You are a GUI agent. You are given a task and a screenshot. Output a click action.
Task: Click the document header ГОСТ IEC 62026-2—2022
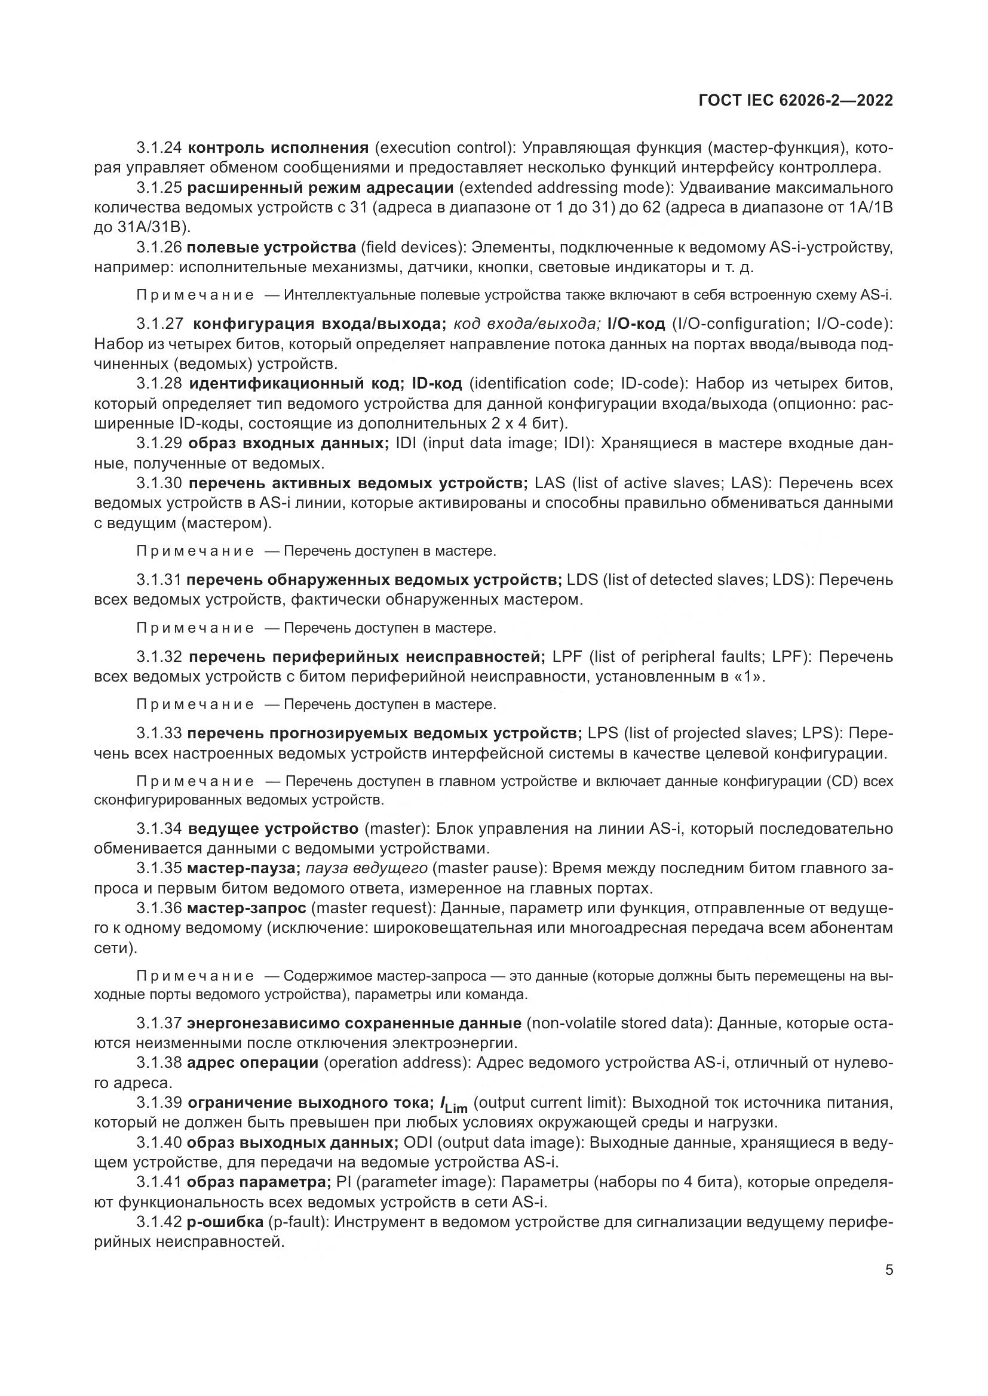coord(796,100)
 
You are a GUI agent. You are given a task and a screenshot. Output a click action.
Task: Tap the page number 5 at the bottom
coord(889,1270)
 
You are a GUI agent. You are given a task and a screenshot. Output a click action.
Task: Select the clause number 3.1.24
coord(158,148)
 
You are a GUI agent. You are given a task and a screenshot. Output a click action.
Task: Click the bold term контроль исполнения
coord(278,148)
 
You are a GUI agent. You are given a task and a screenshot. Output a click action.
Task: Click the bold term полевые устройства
coord(271,248)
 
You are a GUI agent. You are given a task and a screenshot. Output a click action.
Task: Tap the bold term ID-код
coord(437,384)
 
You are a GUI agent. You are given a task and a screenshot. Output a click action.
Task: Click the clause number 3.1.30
coord(158,483)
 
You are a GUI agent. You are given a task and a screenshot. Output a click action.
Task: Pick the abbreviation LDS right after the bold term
coord(582,580)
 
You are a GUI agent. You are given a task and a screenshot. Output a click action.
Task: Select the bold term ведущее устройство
coord(273,829)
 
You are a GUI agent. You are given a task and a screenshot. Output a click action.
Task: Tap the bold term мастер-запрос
coord(246,908)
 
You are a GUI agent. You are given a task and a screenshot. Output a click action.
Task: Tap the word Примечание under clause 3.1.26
coord(195,295)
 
